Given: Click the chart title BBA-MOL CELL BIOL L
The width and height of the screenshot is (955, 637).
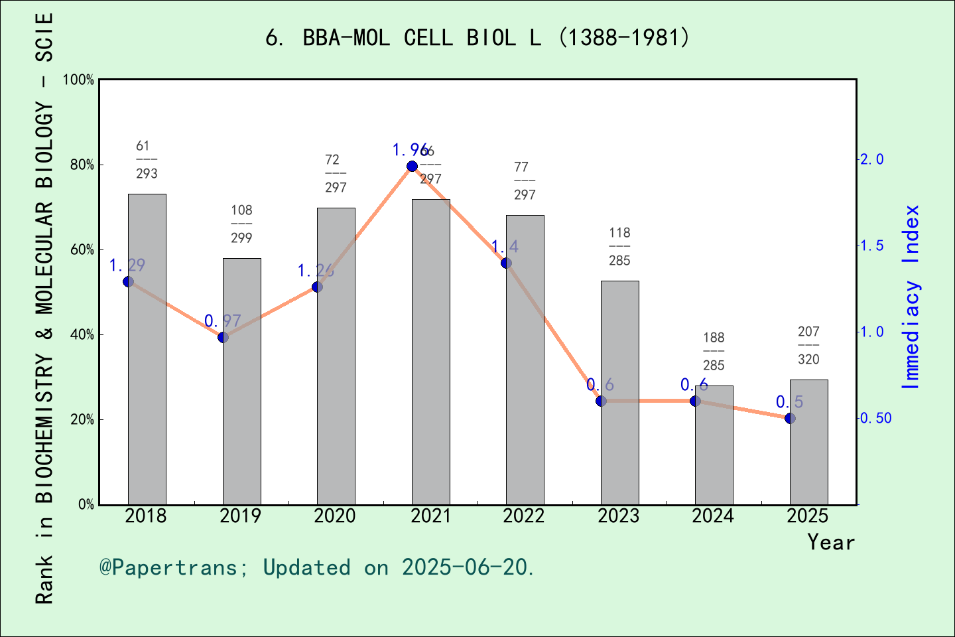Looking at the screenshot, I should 477,38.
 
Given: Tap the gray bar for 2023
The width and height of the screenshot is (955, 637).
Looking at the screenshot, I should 619,392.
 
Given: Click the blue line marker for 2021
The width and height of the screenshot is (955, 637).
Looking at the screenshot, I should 412,166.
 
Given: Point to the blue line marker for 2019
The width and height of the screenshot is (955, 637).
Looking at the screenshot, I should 223,337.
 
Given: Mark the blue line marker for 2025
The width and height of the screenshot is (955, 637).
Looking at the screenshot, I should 790,418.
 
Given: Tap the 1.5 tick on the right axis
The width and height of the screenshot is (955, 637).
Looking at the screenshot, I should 871,246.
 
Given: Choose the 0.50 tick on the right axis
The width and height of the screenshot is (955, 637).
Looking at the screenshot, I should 875,418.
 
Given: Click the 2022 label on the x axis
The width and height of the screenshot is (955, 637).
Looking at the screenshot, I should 524,516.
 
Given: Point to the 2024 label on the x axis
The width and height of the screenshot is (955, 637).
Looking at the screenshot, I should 713,516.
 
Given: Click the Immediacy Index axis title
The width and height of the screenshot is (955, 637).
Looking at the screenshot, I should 911,297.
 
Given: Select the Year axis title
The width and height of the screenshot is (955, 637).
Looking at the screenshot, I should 830,542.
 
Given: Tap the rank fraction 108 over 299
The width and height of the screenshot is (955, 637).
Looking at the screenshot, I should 241,224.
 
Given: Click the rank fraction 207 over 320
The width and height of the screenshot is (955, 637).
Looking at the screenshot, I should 808,345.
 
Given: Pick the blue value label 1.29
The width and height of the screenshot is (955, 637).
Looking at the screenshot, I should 127,265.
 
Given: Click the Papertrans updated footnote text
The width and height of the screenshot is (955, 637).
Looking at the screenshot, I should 317,567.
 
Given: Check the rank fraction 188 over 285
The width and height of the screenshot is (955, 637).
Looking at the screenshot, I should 714,351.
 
